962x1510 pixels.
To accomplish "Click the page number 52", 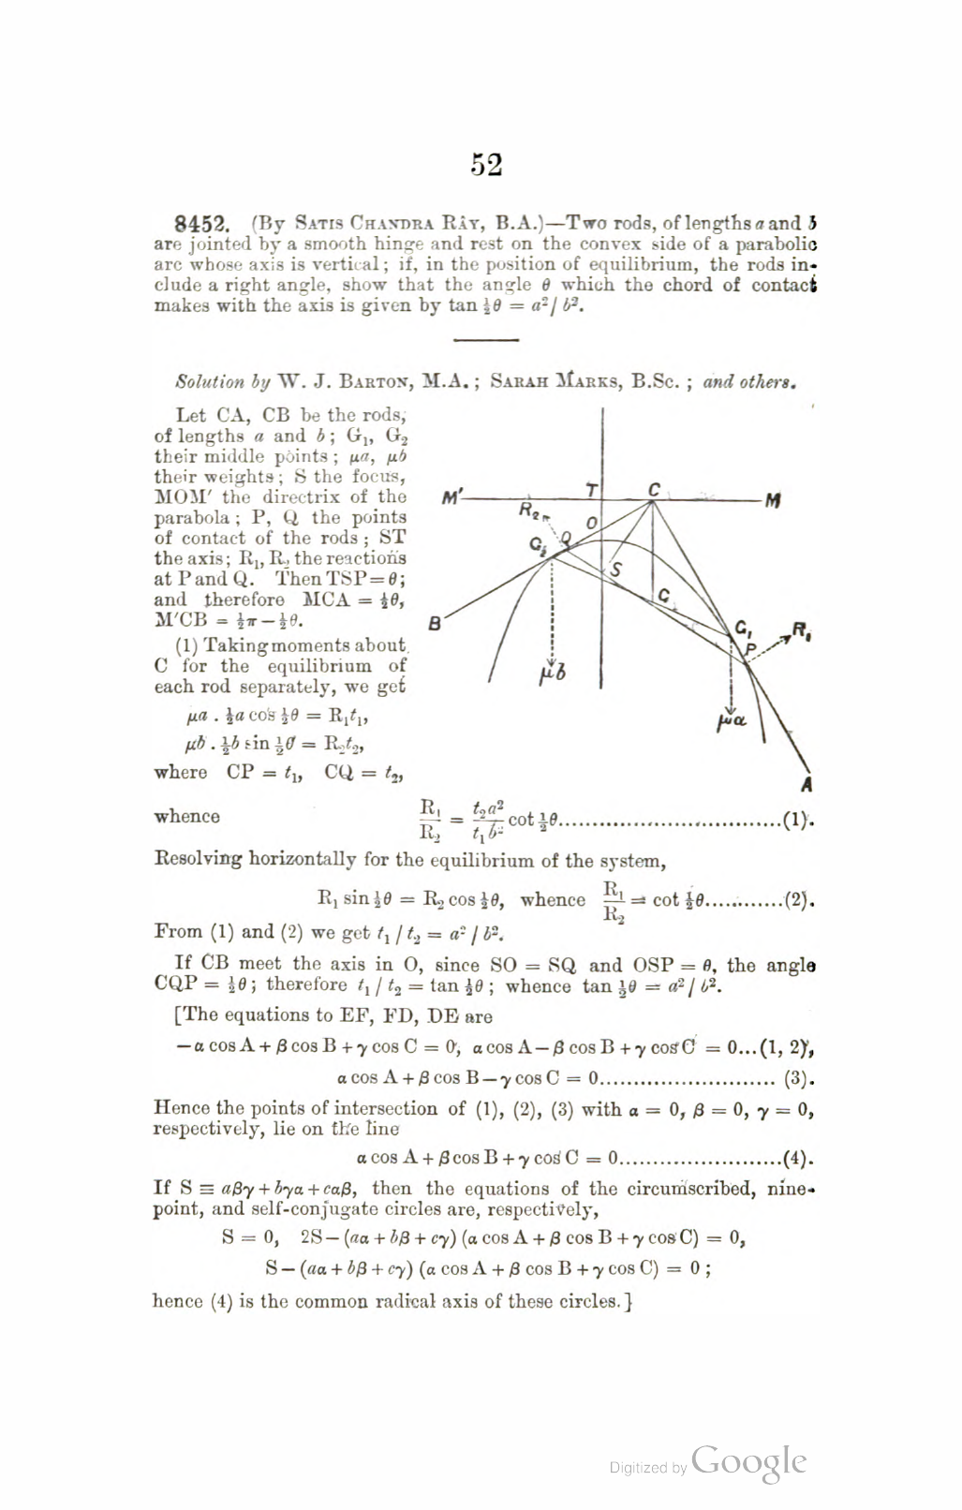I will click(486, 165).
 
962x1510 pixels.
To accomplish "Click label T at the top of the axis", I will click(592, 491).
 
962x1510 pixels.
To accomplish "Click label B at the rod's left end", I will click(435, 622).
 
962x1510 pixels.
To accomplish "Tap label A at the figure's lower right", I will click(807, 785).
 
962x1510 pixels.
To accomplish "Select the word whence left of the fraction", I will click(187, 816).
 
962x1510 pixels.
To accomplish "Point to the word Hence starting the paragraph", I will click(178, 1109).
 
